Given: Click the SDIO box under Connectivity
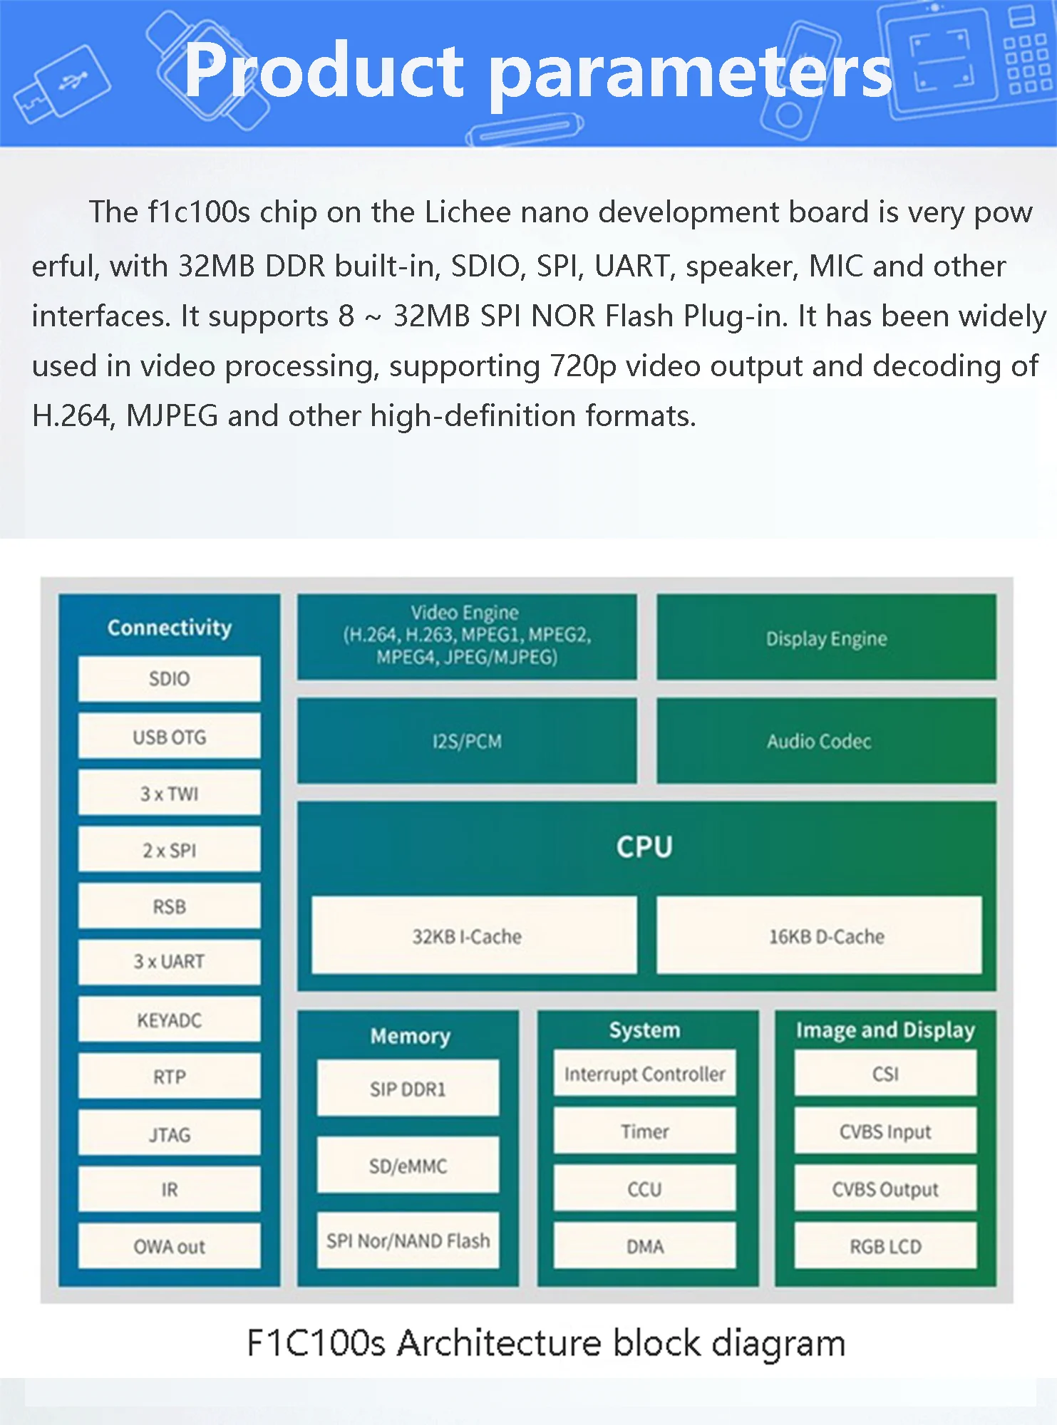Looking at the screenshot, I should (x=169, y=678).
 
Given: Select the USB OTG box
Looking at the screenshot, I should (x=169, y=736).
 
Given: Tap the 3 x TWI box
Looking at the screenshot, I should (x=169, y=792).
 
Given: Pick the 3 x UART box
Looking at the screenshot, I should (x=169, y=962).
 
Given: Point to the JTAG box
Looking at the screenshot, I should (x=169, y=1133).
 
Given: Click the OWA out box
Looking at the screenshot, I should (x=169, y=1246).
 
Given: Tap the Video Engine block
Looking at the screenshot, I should (x=467, y=636).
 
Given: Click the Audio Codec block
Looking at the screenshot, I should (x=826, y=741).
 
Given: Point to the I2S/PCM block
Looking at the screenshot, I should (x=467, y=741).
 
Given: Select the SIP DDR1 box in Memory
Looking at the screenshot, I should (x=408, y=1088).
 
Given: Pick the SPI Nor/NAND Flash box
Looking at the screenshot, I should (x=408, y=1240).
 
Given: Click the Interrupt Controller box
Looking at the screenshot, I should (x=644, y=1073).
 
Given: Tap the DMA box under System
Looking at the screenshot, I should (x=644, y=1246).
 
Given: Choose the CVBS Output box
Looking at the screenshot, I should (x=885, y=1188).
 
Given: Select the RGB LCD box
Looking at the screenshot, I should (x=885, y=1246).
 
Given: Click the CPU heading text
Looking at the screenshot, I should (x=644, y=846).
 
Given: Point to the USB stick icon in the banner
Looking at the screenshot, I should (x=62, y=85).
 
